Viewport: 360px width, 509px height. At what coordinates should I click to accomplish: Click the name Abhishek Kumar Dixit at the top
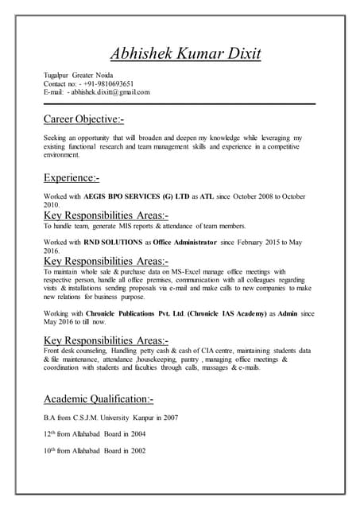[185, 54]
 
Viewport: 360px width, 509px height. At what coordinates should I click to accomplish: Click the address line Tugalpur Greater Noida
[79, 74]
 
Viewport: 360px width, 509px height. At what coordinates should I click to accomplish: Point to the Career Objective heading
[83, 119]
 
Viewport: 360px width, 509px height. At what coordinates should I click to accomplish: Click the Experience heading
[71, 177]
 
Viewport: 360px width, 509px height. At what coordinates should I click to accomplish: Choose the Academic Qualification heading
[99, 398]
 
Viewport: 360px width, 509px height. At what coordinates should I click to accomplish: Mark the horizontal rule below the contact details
[180, 103]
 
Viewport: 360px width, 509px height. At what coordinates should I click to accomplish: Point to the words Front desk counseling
[78, 350]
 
